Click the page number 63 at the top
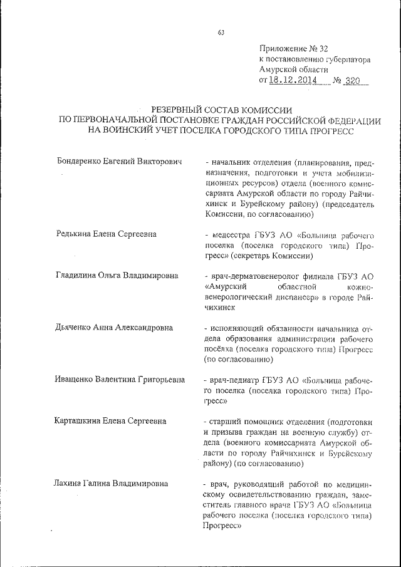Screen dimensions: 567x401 221,33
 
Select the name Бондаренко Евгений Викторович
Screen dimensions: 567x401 118,162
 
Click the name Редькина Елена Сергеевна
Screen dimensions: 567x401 106,234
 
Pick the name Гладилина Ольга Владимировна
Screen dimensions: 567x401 116,275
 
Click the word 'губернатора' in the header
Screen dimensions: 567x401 346,59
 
